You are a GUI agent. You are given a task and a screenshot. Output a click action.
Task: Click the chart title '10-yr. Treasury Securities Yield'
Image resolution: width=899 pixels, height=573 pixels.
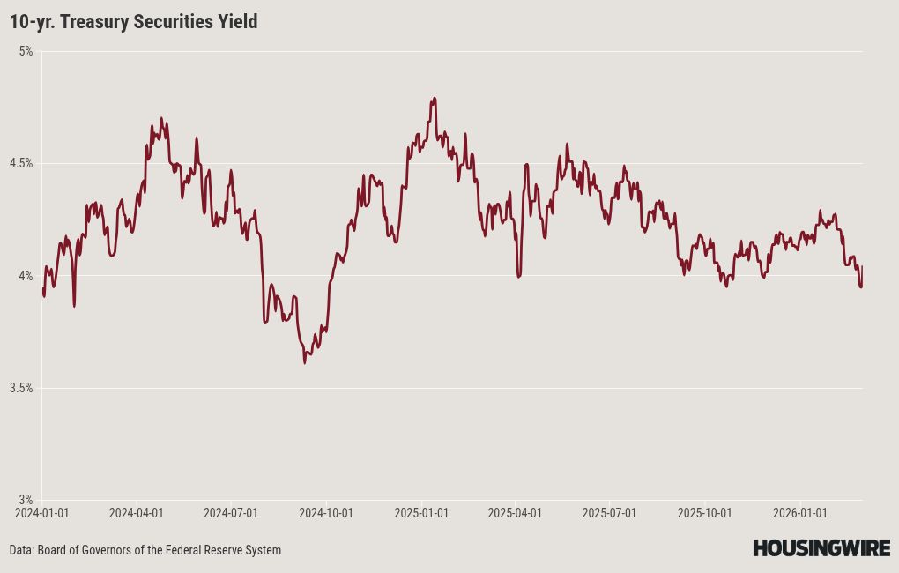click(134, 22)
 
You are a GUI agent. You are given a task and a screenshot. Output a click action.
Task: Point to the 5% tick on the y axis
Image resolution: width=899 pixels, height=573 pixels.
click(26, 51)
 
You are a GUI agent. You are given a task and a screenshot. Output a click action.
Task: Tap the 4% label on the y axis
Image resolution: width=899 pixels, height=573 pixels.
click(26, 276)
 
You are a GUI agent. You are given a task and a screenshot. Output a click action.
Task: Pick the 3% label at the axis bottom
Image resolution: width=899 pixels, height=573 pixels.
click(26, 500)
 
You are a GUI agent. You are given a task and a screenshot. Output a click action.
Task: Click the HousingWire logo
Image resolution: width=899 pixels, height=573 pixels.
click(821, 548)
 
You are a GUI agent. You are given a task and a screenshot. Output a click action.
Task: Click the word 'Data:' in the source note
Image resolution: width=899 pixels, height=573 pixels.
click(22, 550)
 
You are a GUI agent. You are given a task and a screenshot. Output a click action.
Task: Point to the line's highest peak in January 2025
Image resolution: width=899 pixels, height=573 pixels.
click(435, 98)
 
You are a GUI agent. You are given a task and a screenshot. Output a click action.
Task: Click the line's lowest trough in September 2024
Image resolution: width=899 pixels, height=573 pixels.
click(305, 362)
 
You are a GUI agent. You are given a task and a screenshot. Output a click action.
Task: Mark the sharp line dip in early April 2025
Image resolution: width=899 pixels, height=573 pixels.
click(518, 277)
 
